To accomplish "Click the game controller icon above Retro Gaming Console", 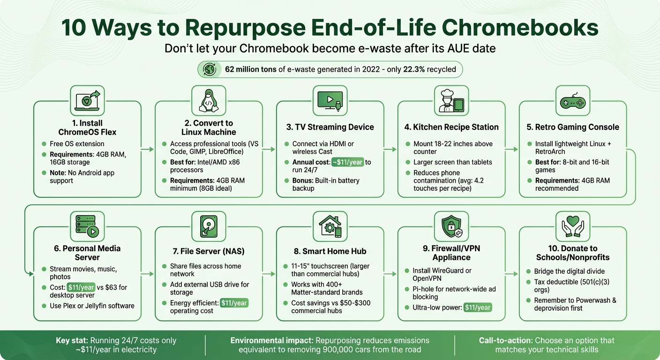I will pos(572,100).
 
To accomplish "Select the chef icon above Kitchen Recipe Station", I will pos(451,100).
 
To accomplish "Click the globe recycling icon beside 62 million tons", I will pos(209,69).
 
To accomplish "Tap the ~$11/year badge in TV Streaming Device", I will pos(348,162).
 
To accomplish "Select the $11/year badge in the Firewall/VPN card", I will pos(478,307).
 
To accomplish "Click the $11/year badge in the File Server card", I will pos(234,303).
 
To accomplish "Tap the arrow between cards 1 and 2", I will pos(148,150).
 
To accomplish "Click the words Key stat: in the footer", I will pos(72,340).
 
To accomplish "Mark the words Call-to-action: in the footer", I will pos(505,340).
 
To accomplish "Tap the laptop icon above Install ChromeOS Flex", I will pos(87,100).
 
